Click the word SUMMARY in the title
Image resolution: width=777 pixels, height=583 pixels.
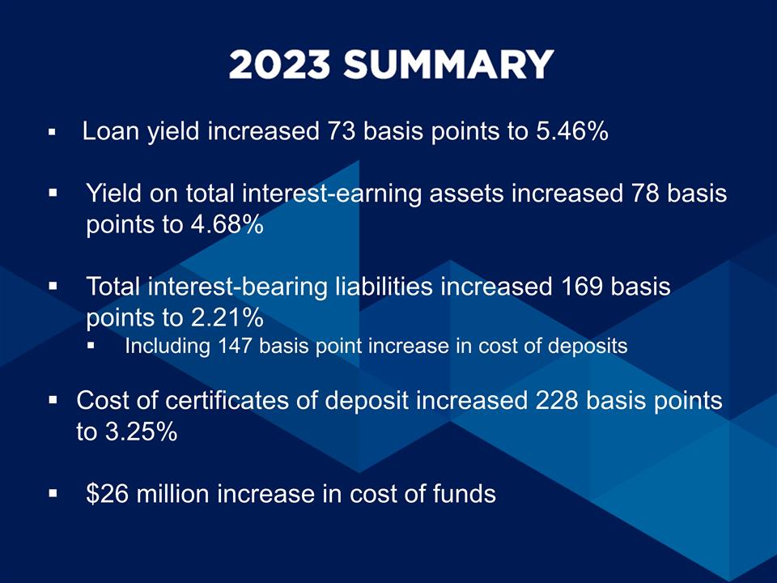click(x=449, y=65)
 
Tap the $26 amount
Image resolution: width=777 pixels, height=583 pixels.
click(x=108, y=493)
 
